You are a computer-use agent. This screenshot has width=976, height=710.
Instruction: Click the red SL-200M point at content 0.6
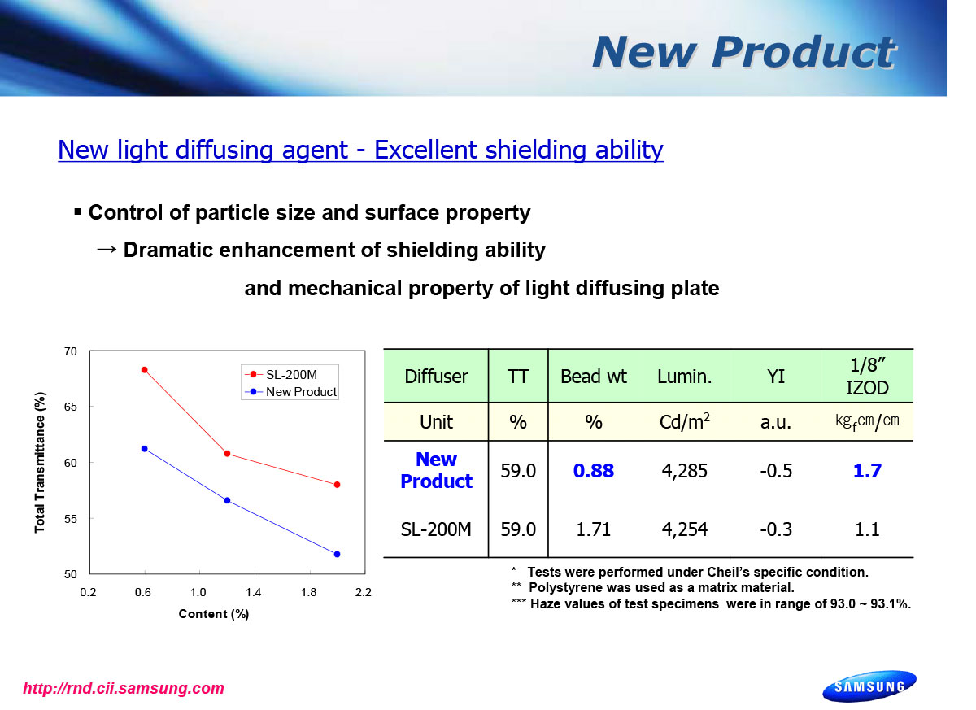point(145,370)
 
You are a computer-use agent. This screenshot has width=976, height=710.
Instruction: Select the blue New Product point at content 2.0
point(338,555)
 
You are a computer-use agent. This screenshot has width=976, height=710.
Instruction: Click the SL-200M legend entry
point(281,375)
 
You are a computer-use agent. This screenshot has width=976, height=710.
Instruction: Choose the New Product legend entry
point(290,392)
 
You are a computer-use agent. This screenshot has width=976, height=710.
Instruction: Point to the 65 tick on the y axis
point(71,407)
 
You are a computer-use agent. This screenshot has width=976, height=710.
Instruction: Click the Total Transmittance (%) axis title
point(40,463)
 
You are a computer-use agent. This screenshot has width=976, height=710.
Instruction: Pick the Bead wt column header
point(594,377)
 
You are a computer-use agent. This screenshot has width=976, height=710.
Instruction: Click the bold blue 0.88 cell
point(594,471)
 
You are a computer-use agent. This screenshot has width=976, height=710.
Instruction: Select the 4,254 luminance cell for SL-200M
point(685,529)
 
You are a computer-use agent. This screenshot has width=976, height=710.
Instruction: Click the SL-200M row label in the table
point(436,529)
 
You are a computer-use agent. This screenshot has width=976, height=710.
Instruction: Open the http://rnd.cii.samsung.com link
point(124,689)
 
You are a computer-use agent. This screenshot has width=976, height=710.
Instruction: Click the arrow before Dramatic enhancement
point(107,250)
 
